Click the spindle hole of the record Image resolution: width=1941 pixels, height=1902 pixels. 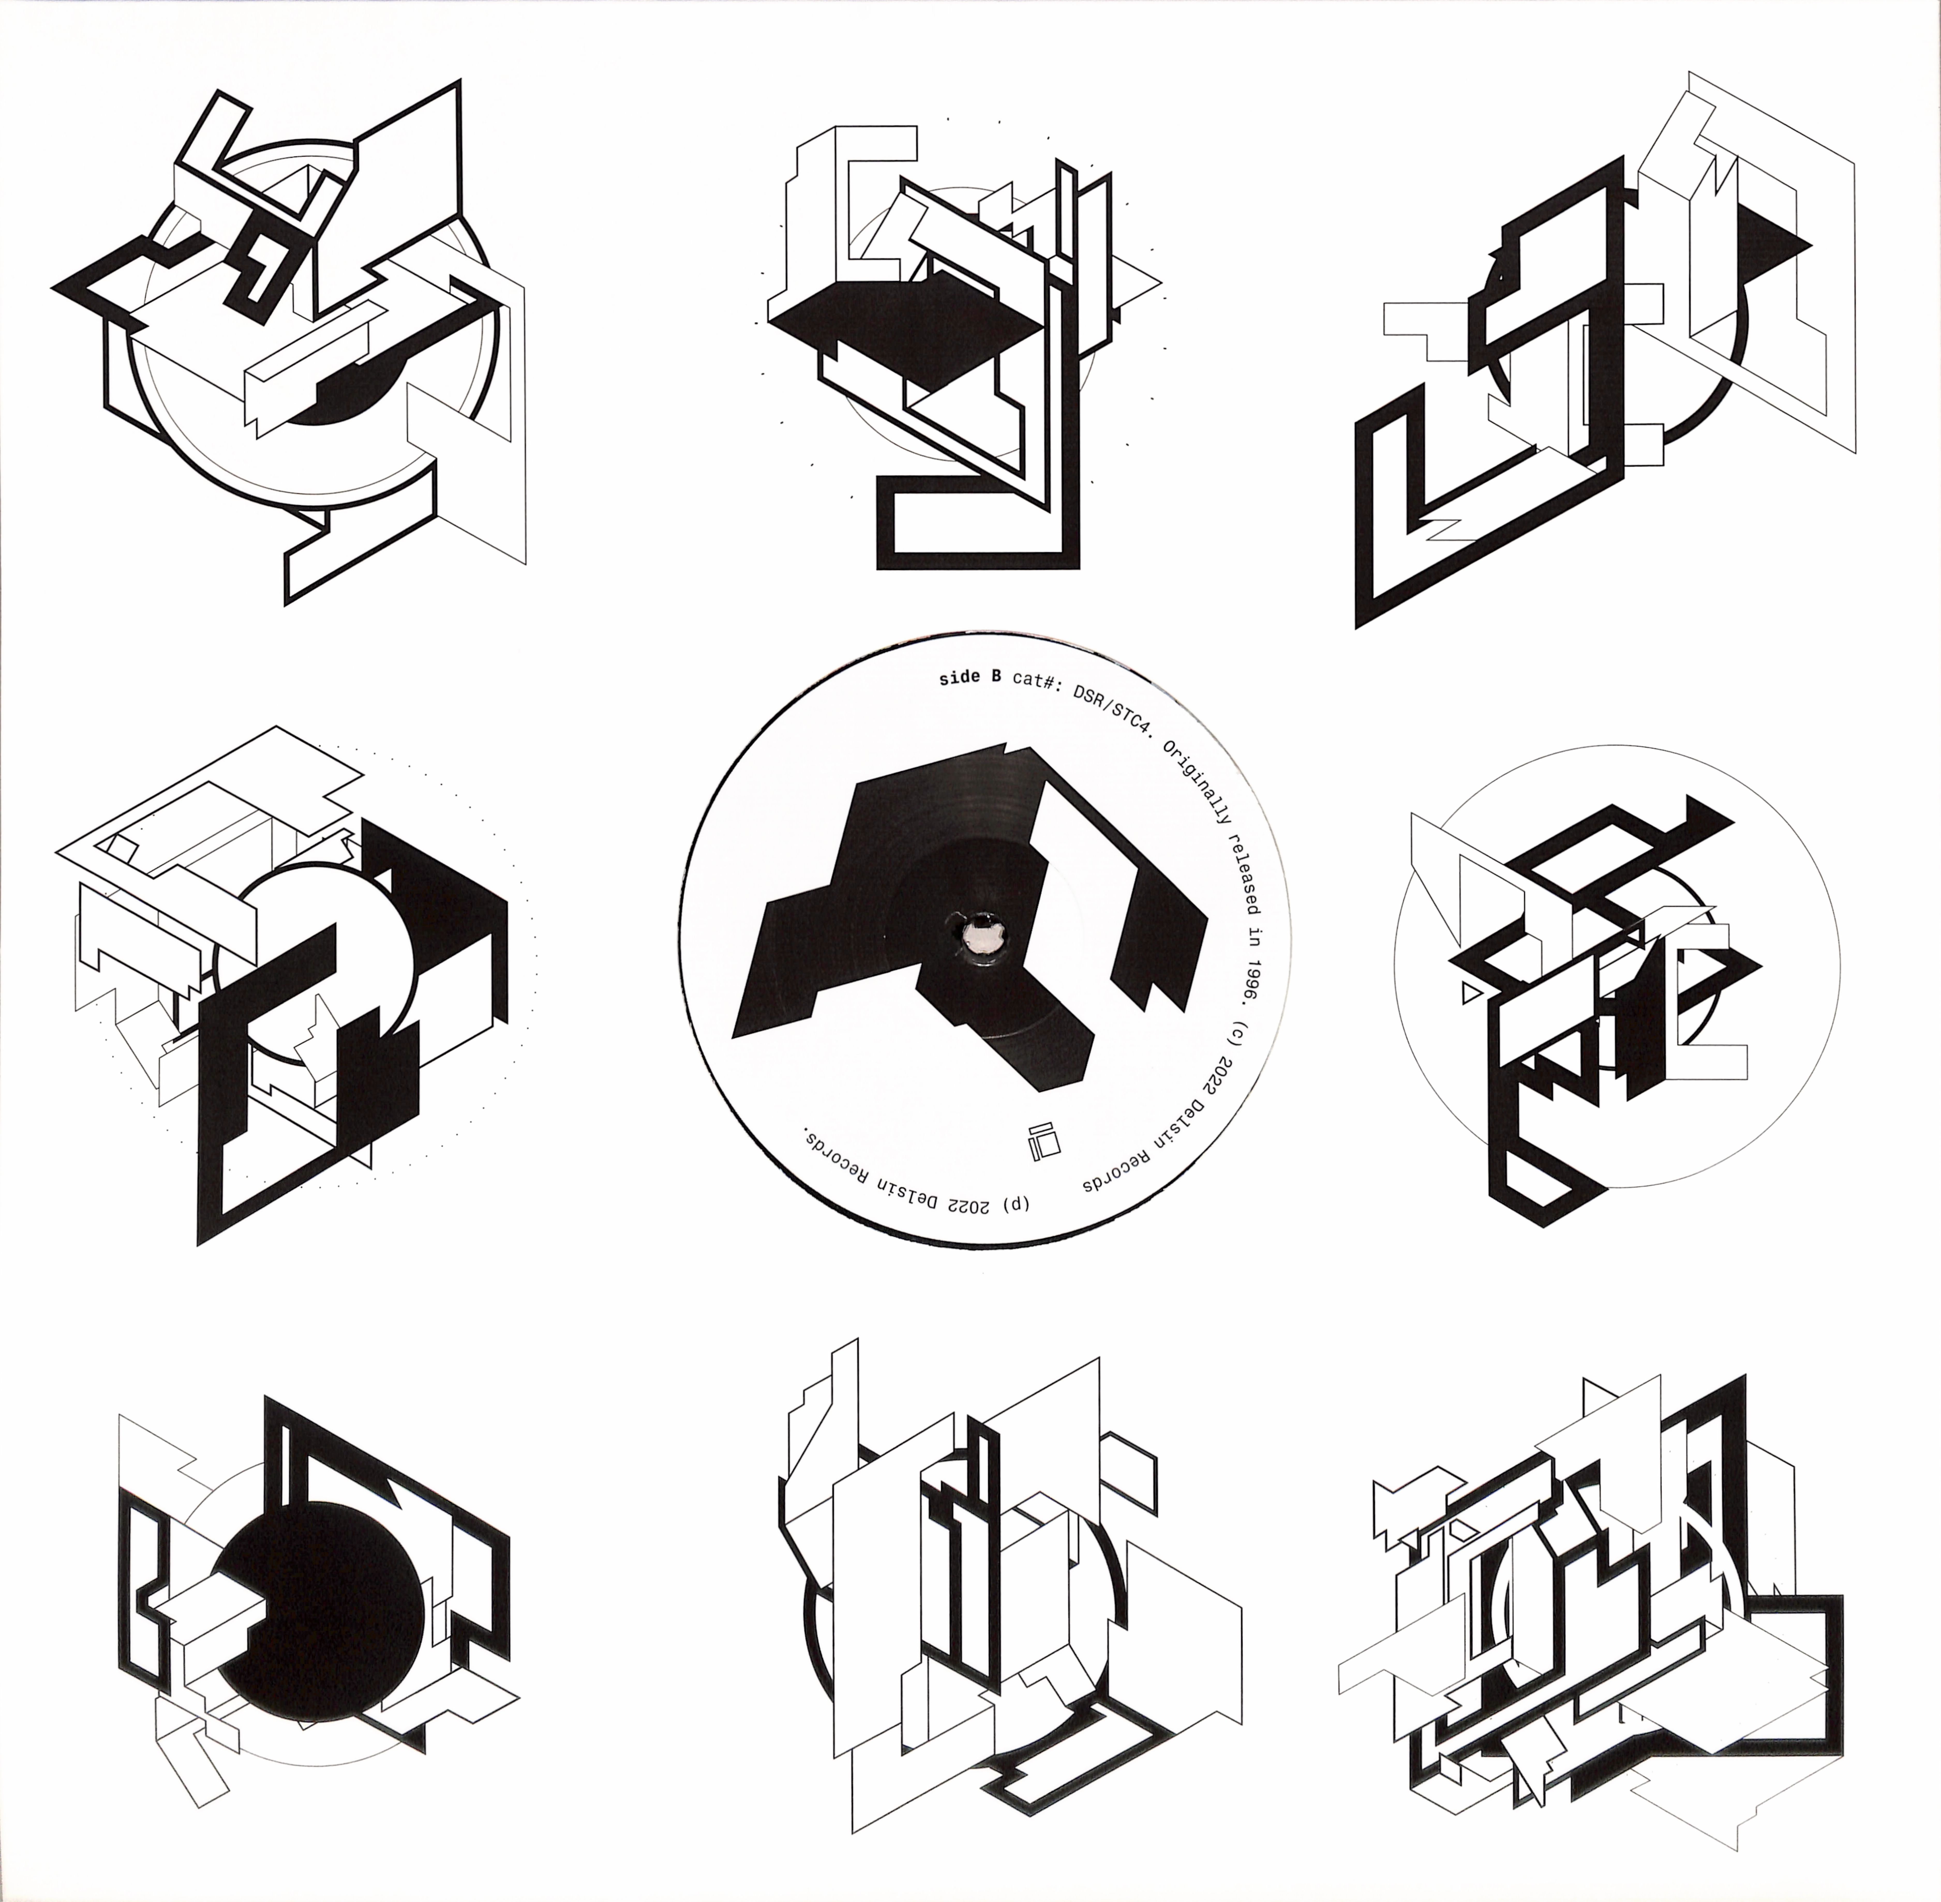pos(977,934)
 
